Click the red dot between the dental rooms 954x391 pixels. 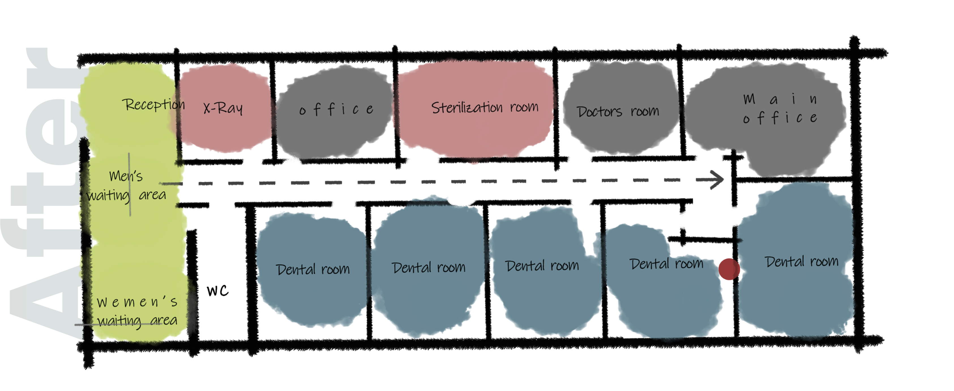(729, 269)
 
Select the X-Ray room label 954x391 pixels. (223, 108)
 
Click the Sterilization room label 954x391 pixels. (485, 107)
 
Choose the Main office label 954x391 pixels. (780, 108)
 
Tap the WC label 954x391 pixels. (218, 291)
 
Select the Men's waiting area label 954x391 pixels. (126, 185)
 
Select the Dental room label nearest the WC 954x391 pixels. (313, 269)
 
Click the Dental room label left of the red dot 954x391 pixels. (666, 264)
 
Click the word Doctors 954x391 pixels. (599, 112)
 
